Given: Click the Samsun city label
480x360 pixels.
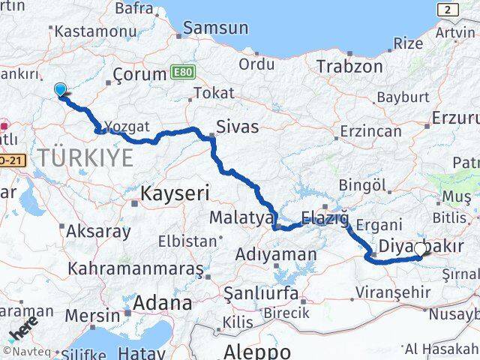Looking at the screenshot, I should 220,28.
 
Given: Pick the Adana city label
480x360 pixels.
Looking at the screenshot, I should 163,304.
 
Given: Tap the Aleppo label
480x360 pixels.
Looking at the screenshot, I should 257,352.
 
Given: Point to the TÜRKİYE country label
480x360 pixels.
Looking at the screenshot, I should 86,158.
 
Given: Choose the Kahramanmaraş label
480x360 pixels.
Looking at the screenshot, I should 136,268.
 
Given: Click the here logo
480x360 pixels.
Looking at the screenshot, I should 22,328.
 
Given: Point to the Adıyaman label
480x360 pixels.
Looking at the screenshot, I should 276,254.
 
